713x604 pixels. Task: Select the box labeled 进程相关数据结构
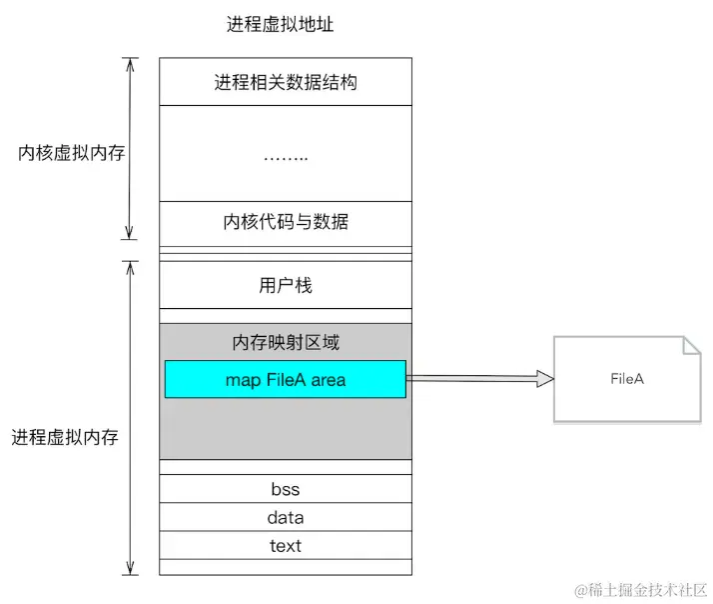tap(285, 82)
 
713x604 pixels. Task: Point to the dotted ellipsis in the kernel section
tap(285, 156)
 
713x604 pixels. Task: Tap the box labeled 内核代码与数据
tap(285, 222)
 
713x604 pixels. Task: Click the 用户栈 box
tap(285, 286)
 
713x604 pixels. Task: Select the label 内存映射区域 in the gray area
tap(285, 342)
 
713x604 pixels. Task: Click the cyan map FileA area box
tap(285, 379)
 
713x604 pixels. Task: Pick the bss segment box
tap(285, 489)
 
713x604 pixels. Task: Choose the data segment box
tap(285, 517)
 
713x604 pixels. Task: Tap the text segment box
tap(285, 545)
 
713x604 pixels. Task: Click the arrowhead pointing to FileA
tap(544, 378)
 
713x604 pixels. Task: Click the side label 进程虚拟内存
tap(65, 437)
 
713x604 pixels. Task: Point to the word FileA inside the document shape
tap(627, 380)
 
